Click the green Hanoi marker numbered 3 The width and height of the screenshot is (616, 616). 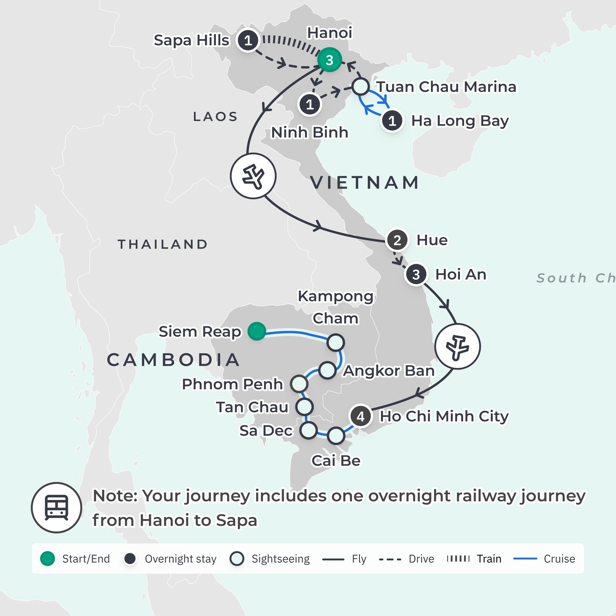[329, 60]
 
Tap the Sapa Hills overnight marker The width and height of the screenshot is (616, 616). [248, 40]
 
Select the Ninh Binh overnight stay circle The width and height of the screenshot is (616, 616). [310, 105]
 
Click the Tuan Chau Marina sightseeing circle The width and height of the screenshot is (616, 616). [360, 86]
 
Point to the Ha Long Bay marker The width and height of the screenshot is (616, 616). [392, 121]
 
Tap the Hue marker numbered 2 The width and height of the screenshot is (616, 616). [397, 240]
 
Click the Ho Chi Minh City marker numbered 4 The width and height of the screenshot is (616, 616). [360, 416]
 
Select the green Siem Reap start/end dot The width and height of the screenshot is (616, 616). [257, 331]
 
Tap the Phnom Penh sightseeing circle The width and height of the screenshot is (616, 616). [299, 384]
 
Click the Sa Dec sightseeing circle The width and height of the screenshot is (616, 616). [308, 430]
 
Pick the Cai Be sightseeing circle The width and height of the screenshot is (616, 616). [336, 436]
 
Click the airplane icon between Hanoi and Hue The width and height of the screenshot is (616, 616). [253, 176]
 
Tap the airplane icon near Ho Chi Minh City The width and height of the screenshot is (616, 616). [457, 346]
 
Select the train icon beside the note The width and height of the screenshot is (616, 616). [56, 508]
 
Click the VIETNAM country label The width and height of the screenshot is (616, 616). [364, 183]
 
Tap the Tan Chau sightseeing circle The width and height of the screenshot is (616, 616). [305, 407]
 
